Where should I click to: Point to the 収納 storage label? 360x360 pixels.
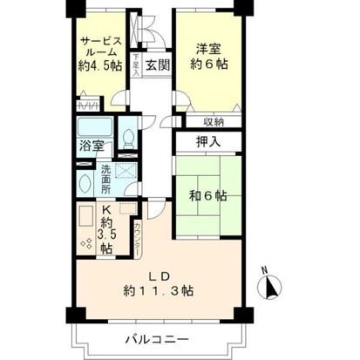tap(215, 122)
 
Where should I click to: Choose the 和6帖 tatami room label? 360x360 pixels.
tap(207, 194)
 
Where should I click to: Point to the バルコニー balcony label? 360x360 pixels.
tap(158, 336)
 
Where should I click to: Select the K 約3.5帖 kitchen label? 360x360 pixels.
tap(106, 228)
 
